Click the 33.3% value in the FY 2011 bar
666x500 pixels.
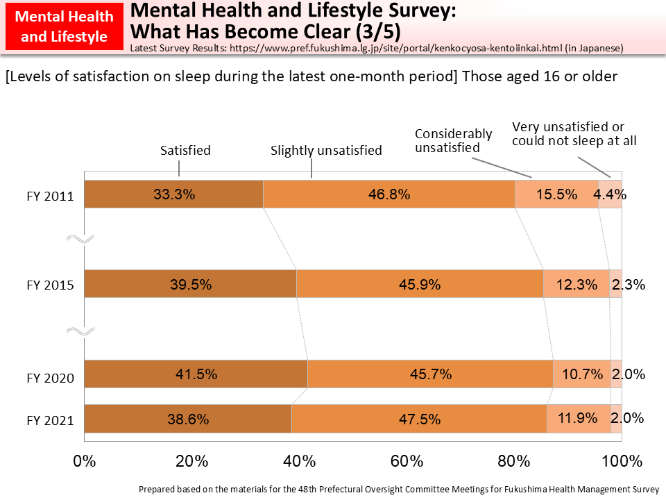point(173,194)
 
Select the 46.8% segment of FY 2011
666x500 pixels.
point(388,194)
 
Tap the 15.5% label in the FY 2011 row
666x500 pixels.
point(556,194)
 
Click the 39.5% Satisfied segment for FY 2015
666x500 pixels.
point(190,284)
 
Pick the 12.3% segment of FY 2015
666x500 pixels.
point(576,284)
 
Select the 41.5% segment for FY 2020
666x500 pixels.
point(196,374)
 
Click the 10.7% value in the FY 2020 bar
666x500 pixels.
point(582,374)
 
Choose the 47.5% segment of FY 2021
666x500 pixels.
point(418,419)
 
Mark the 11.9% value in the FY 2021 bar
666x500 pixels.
point(579,419)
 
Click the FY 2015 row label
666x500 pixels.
point(51,285)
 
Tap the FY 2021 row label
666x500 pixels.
point(51,419)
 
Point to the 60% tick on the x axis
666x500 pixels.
point(407,460)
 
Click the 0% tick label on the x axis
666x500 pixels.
point(84,460)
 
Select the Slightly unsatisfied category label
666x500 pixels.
point(326,151)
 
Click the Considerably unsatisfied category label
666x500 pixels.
point(453,140)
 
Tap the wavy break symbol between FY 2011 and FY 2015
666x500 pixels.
point(80,240)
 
